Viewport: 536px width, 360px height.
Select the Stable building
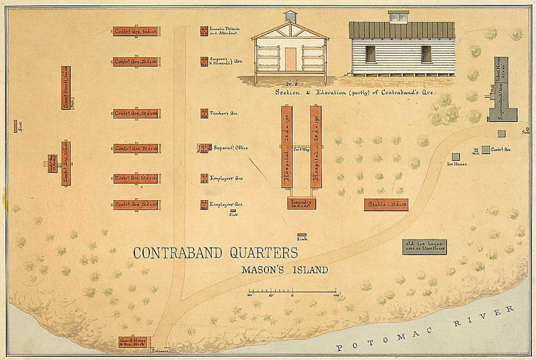pyautogui.click(x=386, y=204)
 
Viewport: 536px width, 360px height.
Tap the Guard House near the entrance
pyautogui.click(x=136, y=341)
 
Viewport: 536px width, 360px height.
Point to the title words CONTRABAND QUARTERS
pyautogui.click(x=214, y=253)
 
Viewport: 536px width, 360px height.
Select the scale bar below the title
pyautogui.click(x=293, y=292)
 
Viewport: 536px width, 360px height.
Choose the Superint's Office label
pyautogui.click(x=231, y=148)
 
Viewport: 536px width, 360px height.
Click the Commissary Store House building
pyautogui.click(x=66, y=87)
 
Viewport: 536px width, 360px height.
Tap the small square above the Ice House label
pyautogui.click(x=456, y=156)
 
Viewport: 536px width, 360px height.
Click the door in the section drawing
pyautogui.click(x=290, y=58)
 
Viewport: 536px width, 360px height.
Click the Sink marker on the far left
pyautogui.click(x=16, y=125)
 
